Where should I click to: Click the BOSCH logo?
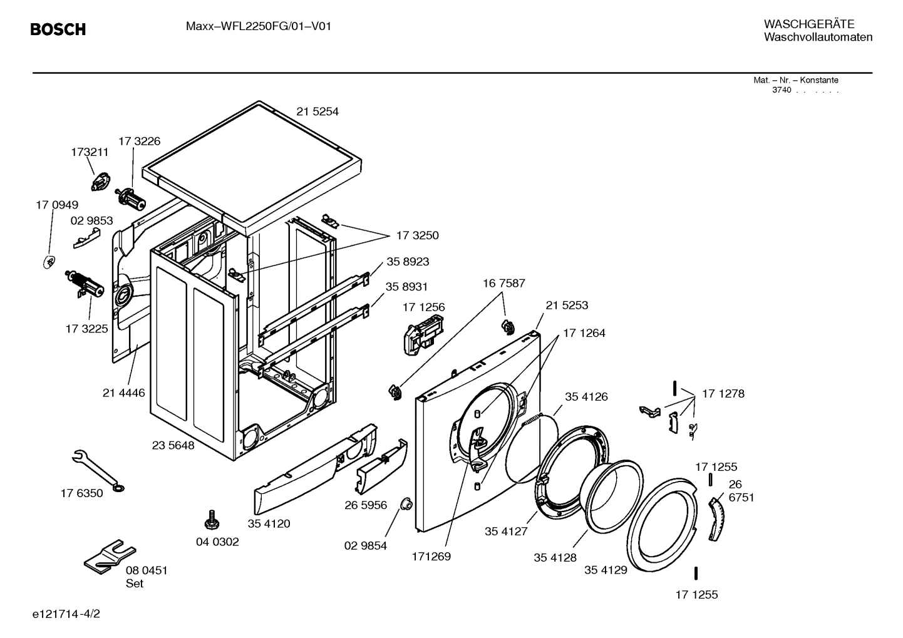(x=58, y=29)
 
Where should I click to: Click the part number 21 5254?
(x=317, y=111)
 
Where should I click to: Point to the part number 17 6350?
(x=81, y=493)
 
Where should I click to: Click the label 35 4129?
(x=606, y=570)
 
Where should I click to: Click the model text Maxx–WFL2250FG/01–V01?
(x=258, y=26)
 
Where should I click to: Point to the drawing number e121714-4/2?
(x=66, y=614)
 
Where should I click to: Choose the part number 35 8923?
(x=408, y=262)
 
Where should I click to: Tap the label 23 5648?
(x=173, y=445)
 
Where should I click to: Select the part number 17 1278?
(x=723, y=394)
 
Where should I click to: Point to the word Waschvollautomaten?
(x=818, y=38)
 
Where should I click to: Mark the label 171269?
(x=431, y=556)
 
